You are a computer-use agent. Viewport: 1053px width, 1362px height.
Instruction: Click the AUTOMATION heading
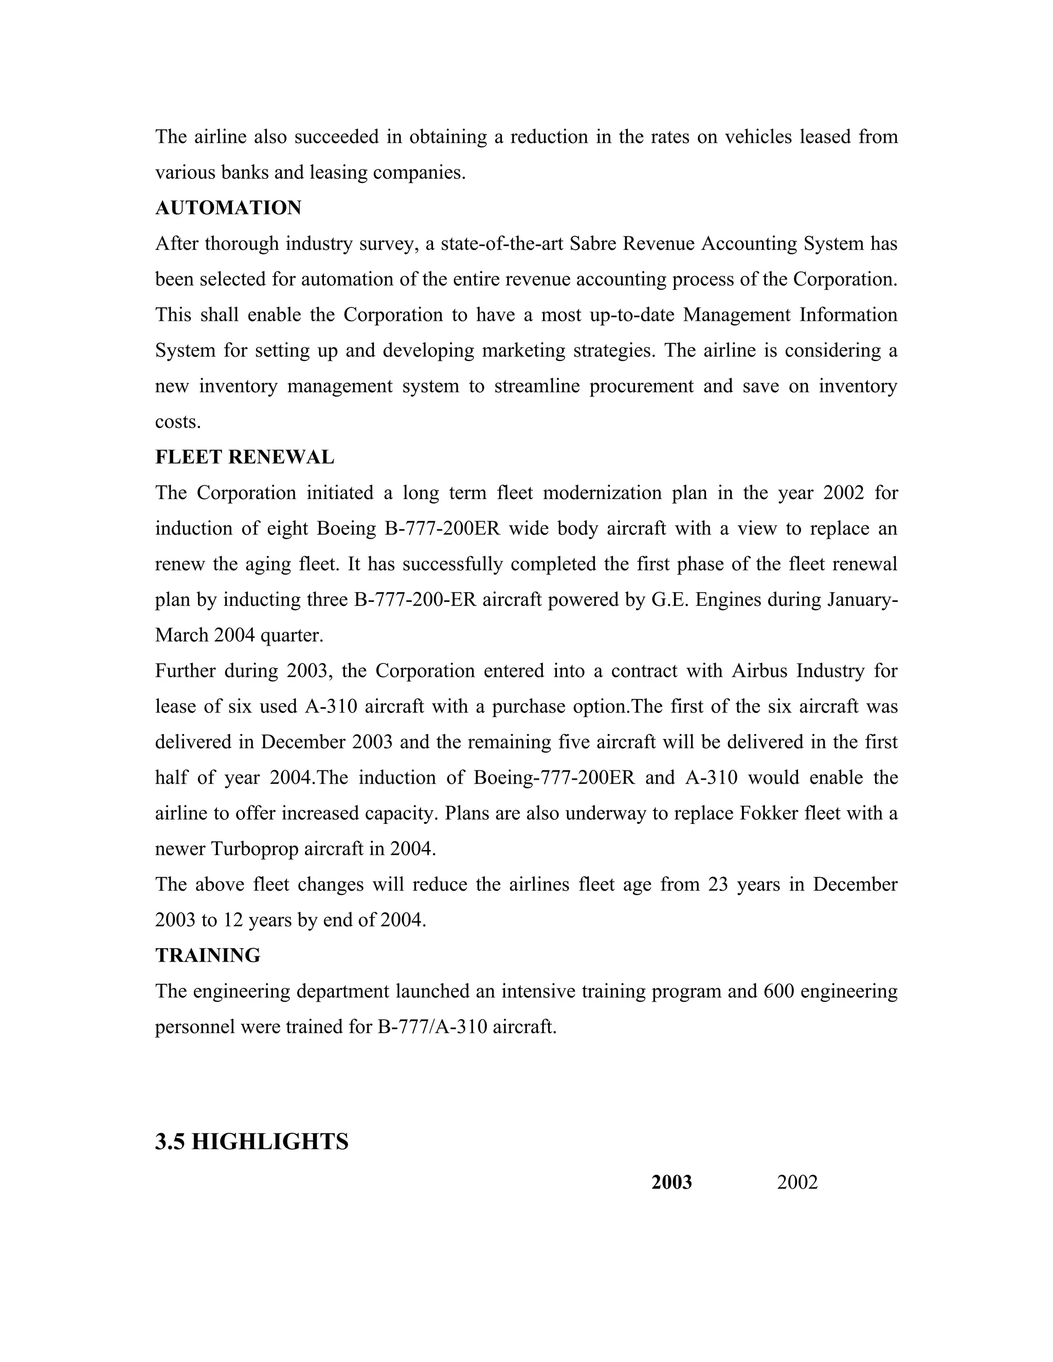228,208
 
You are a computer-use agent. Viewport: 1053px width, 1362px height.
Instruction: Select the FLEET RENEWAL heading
245,457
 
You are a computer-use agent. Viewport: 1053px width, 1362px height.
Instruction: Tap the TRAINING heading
208,955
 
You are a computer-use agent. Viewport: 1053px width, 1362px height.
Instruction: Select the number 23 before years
718,885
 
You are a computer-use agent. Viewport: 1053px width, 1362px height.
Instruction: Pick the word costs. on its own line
178,422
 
